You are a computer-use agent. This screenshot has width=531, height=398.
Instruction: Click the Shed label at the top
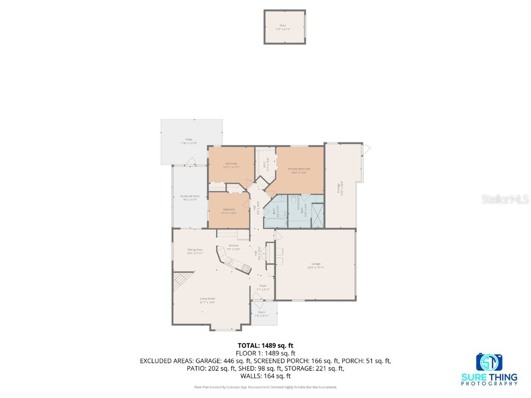(x=283, y=25)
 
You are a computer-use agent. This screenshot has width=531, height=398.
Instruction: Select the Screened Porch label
(x=190, y=196)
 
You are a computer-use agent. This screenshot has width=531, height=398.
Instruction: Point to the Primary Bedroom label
(x=299, y=169)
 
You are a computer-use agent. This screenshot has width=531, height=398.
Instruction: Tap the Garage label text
(x=315, y=263)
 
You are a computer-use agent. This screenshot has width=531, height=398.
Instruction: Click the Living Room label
(x=207, y=298)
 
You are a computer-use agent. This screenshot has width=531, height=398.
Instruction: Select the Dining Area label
(x=195, y=250)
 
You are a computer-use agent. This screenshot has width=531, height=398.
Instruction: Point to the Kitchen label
(x=233, y=245)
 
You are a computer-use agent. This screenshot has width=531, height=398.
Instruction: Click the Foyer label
(x=263, y=286)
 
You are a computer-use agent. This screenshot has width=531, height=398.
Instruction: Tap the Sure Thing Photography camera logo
(x=490, y=363)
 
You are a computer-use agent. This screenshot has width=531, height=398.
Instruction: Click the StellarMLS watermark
(x=512, y=199)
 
